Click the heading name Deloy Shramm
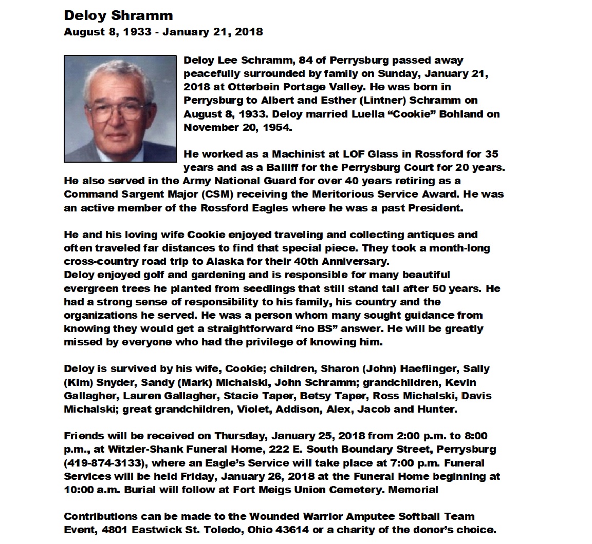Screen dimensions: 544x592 pyautogui.click(x=118, y=15)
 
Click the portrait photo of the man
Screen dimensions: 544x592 pyautogui.click(x=120, y=109)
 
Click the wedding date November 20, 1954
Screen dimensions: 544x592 pyautogui.click(x=237, y=127)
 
